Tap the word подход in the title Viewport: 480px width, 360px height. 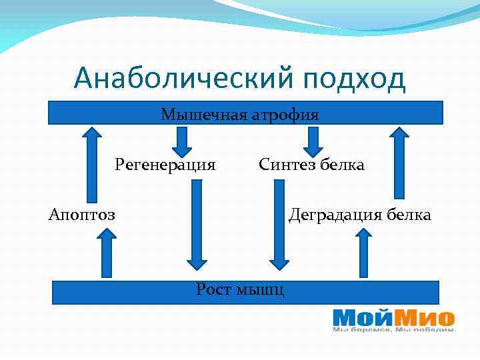pyautogui.click(x=353, y=79)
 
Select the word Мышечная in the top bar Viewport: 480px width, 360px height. pyautogui.click(x=204, y=115)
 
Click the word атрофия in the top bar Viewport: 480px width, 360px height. pyautogui.click(x=285, y=115)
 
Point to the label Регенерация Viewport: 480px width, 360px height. pyautogui.click(x=165, y=164)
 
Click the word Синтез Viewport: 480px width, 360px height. pyautogui.click(x=287, y=164)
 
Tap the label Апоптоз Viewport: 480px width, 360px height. pyautogui.click(x=82, y=215)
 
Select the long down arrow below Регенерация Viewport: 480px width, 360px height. pyautogui.click(x=197, y=223)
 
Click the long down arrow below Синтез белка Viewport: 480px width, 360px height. pyautogui.click(x=279, y=223)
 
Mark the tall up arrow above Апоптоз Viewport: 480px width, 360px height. pyautogui.click(x=91, y=163)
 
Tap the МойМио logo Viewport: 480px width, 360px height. pyautogui.click(x=393, y=317)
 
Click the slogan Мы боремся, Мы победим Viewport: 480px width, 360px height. pyautogui.click(x=394, y=329)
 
